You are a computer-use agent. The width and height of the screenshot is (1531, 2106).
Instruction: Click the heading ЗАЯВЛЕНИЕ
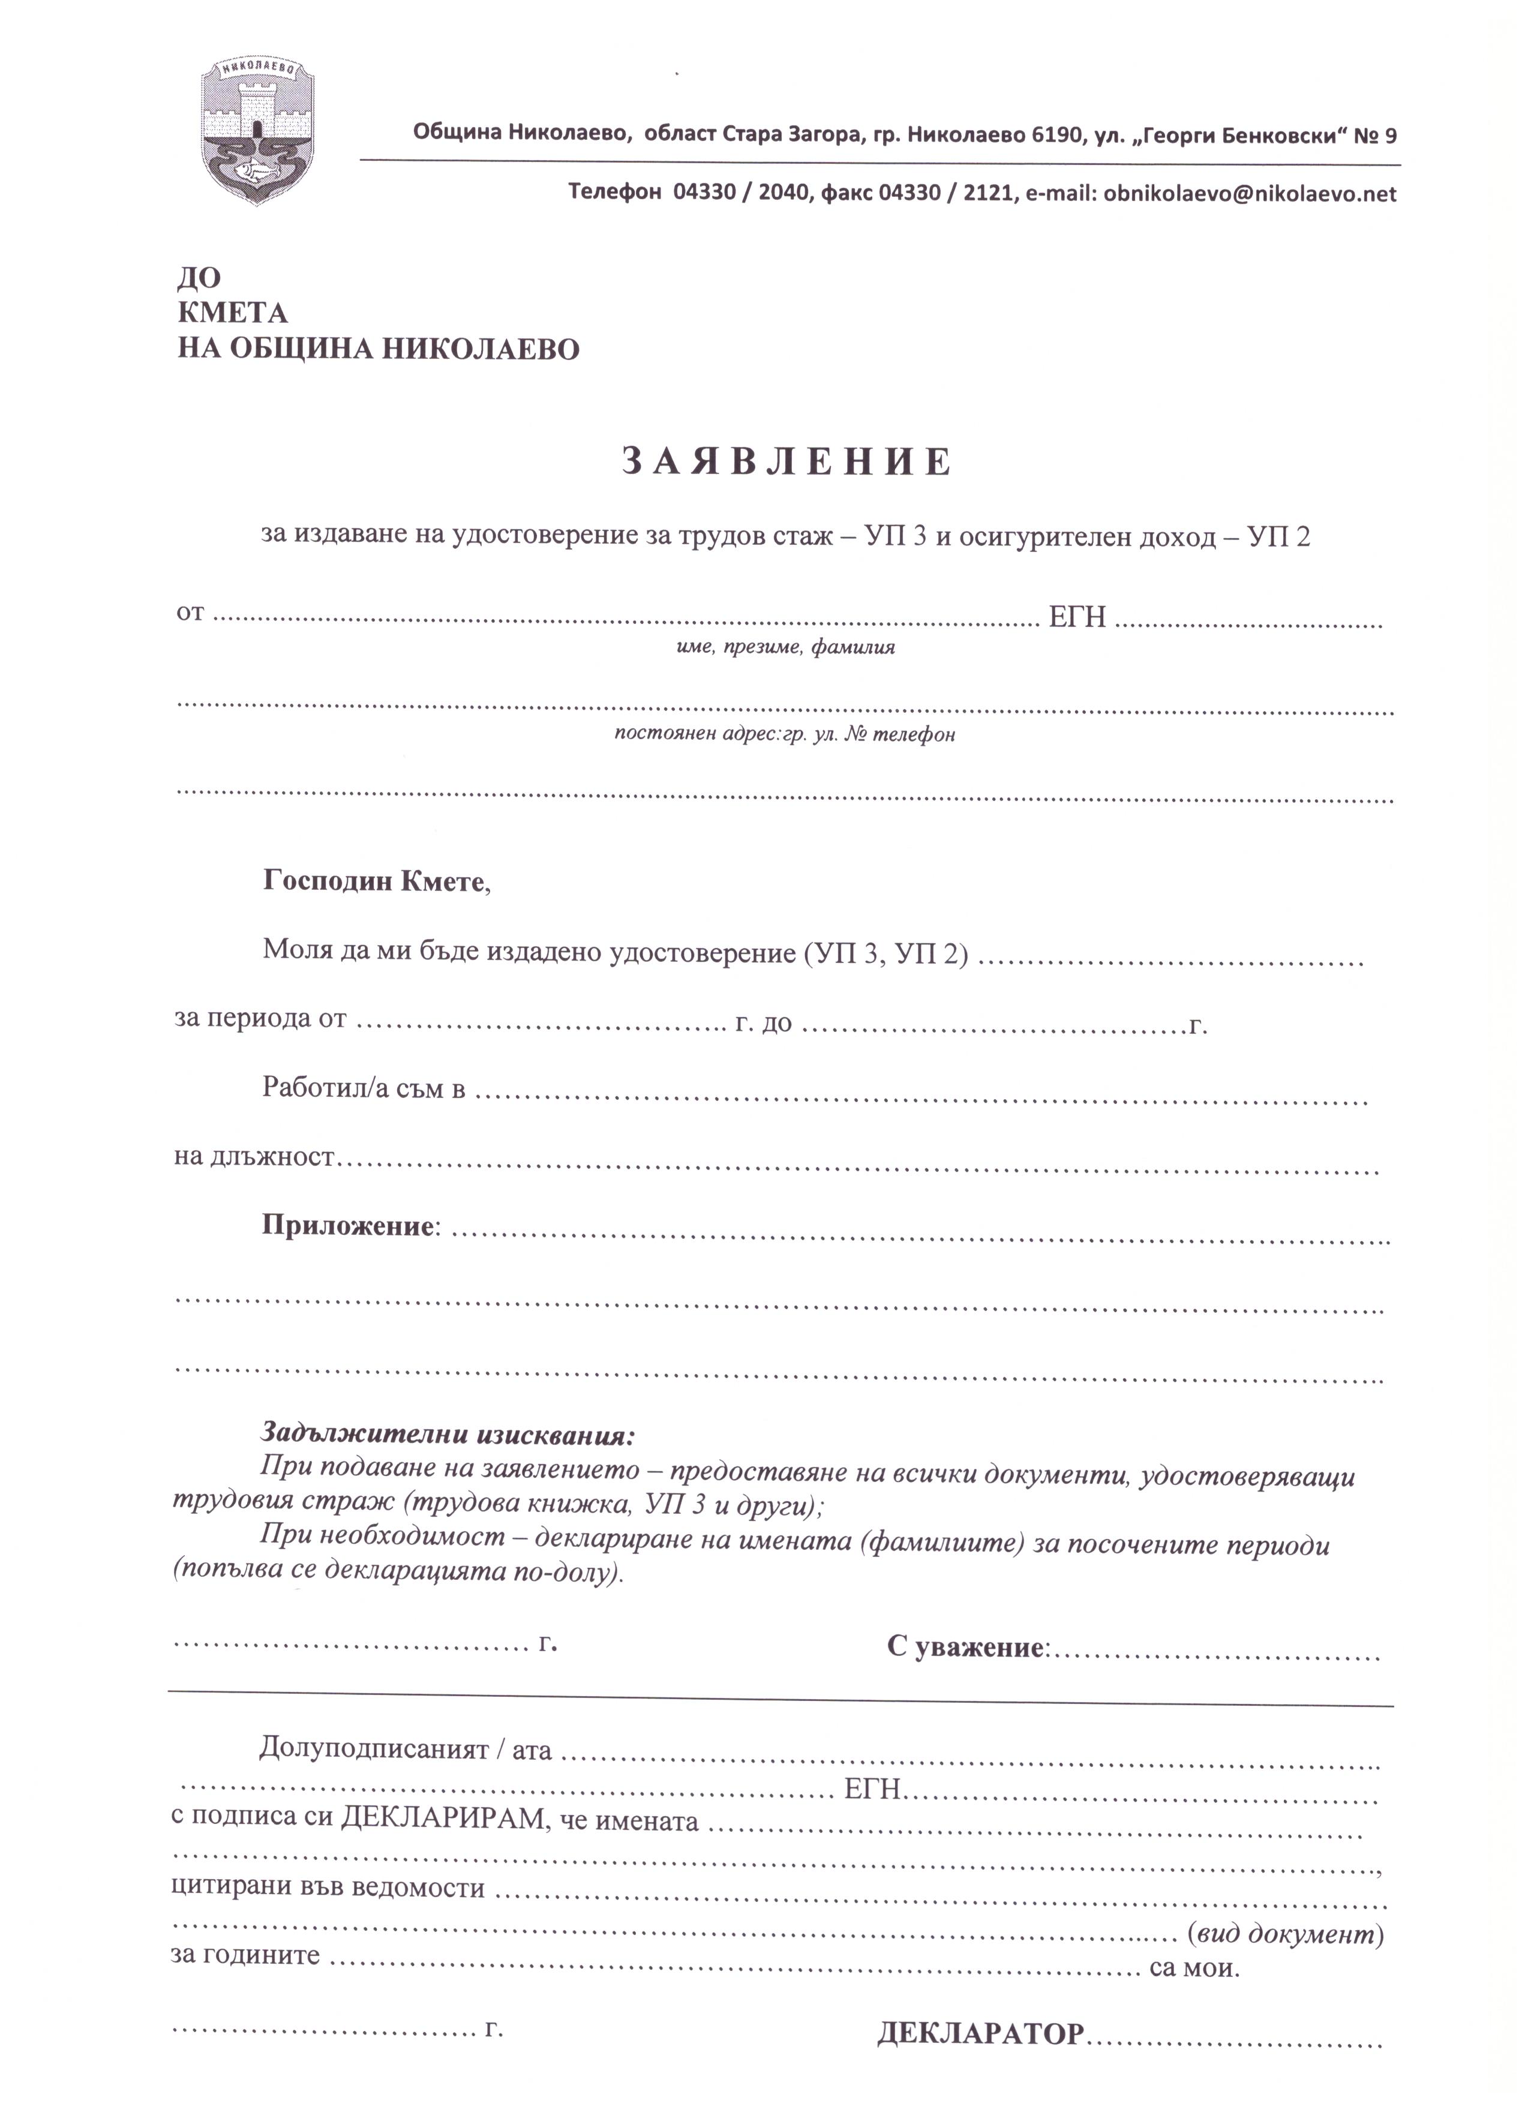click(786, 461)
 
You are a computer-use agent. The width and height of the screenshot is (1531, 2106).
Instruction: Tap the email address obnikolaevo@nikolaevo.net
click(1250, 194)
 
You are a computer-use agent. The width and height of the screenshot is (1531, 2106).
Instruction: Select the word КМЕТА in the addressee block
click(232, 313)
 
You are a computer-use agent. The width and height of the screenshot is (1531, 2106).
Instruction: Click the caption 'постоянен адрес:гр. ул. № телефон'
click(785, 734)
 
